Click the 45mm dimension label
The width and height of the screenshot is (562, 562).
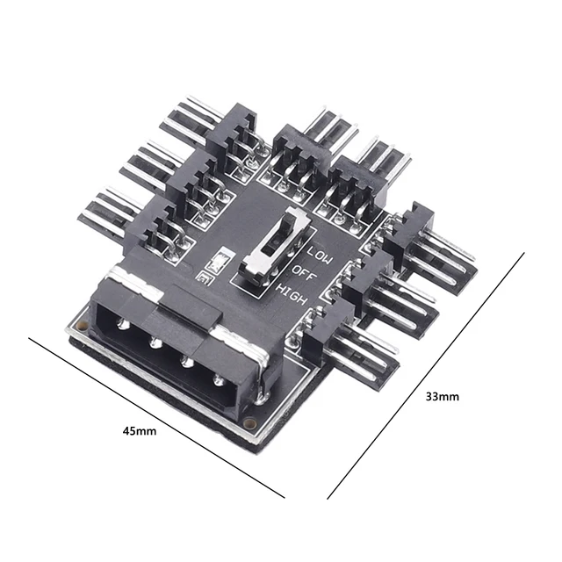tap(140, 430)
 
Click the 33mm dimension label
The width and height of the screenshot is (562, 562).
tap(442, 397)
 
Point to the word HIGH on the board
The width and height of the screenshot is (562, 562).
tap(292, 294)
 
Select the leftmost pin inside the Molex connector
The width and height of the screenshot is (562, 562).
tap(123, 324)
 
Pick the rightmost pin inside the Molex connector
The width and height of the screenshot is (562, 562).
tap(219, 379)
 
